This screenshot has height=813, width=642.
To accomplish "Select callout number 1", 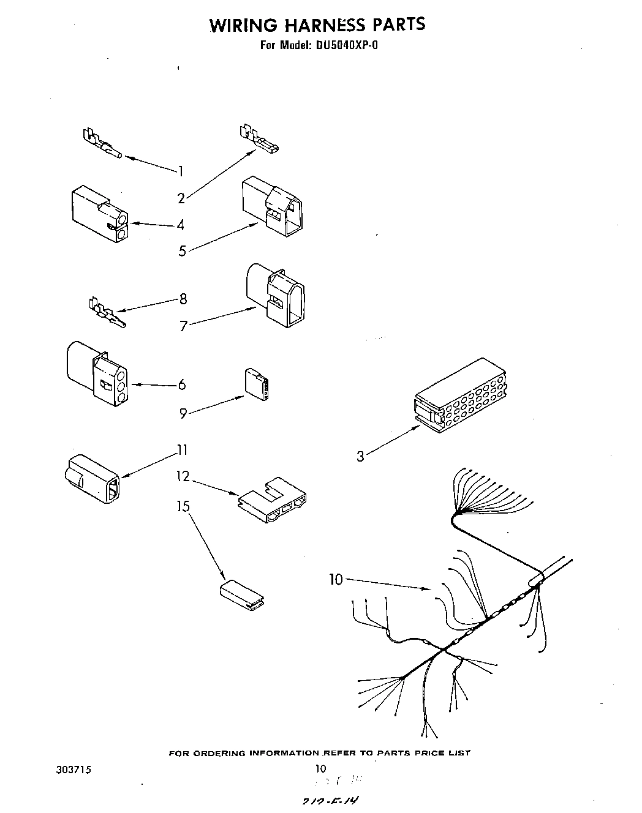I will tap(181, 171).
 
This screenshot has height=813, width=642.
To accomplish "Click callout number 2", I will tap(181, 198).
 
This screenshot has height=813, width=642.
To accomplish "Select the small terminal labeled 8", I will tap(107, 315).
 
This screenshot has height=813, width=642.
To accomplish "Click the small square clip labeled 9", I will tap(256, 384).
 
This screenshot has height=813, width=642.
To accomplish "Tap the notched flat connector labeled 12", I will tap(272, 502).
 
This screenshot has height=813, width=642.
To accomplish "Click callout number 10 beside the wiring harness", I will tap(336, 579).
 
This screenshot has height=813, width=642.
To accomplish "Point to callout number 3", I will tap(360, 455).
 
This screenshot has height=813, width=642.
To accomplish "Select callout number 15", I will tap(183, 506).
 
